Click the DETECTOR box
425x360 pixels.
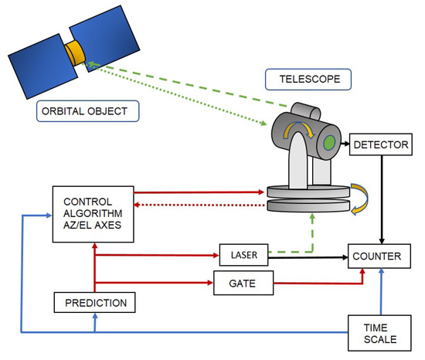pyautogui.click(x=376, y=144)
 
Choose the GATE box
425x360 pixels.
pyautogui.click(x=245, y=284)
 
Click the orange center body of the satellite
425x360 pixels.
pyautogui.click(x=75, y=53)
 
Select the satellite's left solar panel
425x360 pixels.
pyautogui.click(x=40, y=62)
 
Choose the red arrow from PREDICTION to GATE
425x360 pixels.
pyautogui.click(x=155, y=284)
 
